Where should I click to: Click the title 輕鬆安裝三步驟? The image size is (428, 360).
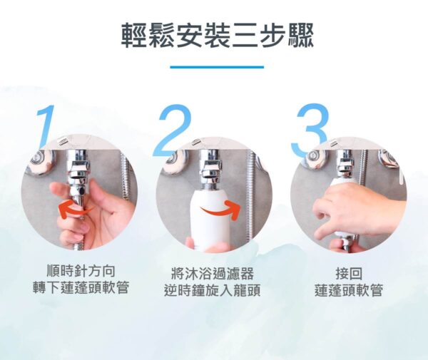pyautogui.click(x=218, y=35)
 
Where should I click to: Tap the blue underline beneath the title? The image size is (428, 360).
pyautogui.click(x=217, y=67)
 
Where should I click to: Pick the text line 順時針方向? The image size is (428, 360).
pyautogui.click(x=81, y=271)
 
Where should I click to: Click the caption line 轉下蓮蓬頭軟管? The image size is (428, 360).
pyautogui.click(x=81, y=287)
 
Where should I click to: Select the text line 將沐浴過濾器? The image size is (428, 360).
pyautogui.click(x=213, y=274)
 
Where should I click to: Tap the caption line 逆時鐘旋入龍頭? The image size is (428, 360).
pyautogui.click(x=213, y=290)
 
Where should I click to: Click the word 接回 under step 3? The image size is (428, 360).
pyautogui.click(x=349, y=274)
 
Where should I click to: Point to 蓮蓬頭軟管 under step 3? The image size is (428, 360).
pyautogui.click(x=349, y=290)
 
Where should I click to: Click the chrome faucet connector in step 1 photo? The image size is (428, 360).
pyautogui.click(x=78, y=175)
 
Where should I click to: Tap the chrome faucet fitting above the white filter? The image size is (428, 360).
pyautogui.click(x=210, y=170)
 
